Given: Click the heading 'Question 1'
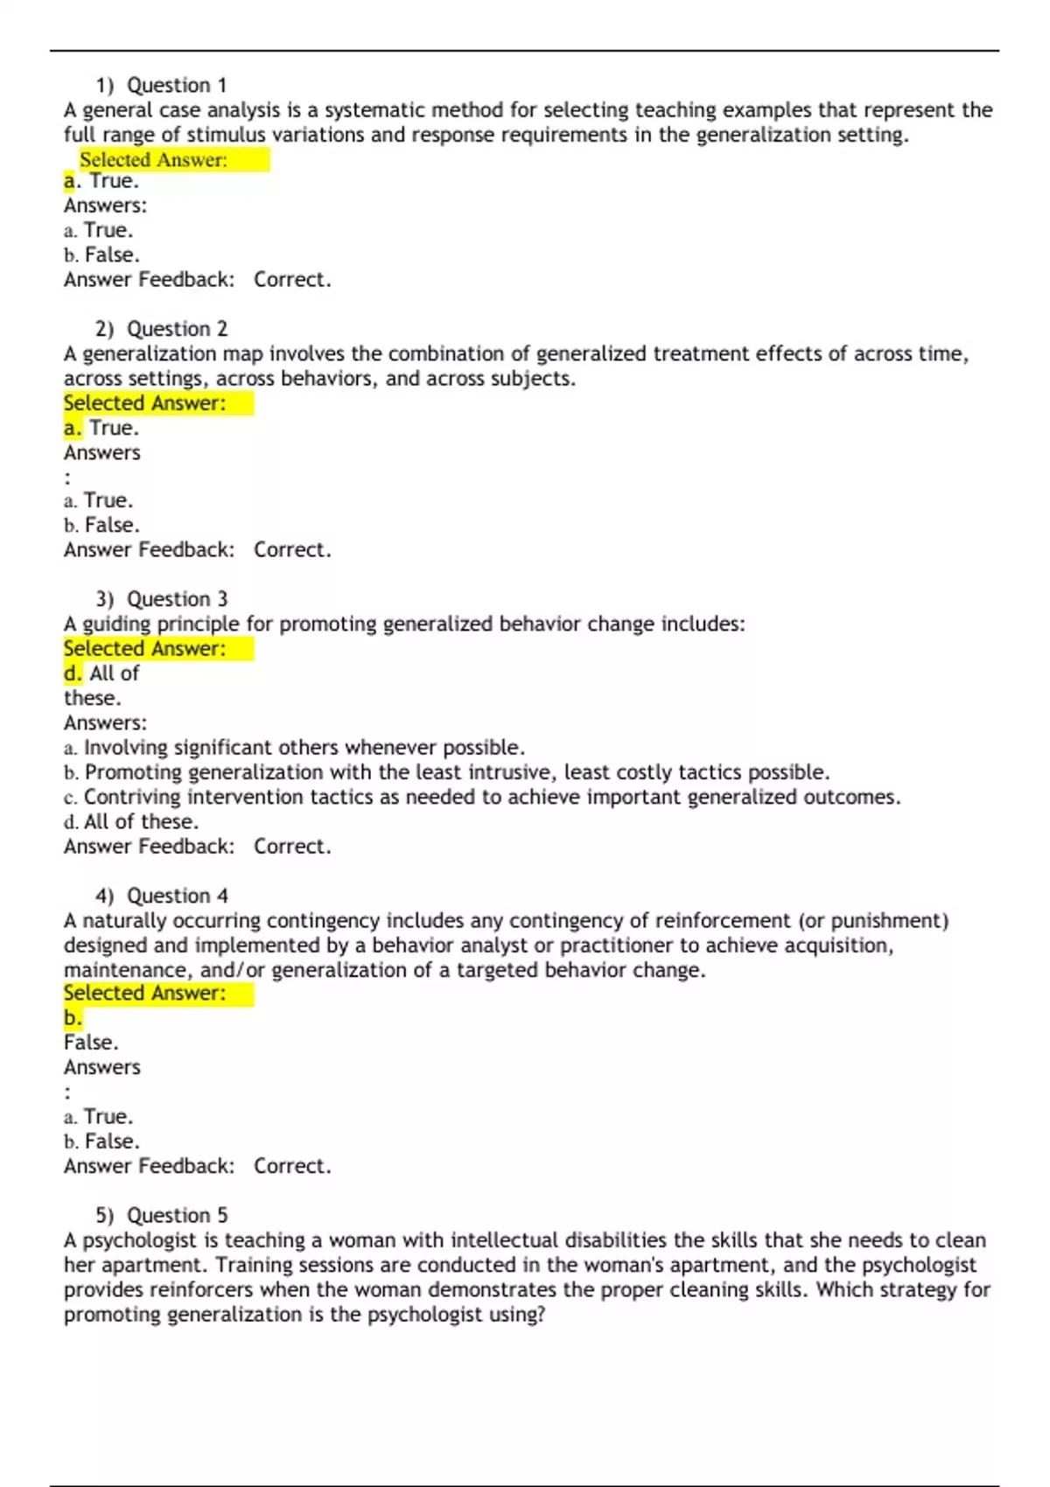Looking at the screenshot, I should click(x=177, y=85).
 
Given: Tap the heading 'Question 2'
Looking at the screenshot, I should click(x=177, y=329).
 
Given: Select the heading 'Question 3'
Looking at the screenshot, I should click(x=177, y=599).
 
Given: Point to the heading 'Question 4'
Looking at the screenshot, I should click(x=177, y=896).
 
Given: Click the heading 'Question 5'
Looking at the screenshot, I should click(x=177, y=1215).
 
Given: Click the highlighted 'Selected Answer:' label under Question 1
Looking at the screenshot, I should click(x=153, y=159).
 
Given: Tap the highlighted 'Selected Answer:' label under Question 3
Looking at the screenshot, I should click(x=144, y=648).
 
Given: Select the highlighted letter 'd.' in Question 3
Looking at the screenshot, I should click(x=73, y=674).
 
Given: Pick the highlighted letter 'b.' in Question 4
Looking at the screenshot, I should click(x=73, y=1018).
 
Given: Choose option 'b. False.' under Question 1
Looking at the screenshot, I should click(x=101, y=255).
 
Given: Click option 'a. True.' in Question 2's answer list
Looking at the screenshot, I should click(x=98, y=500).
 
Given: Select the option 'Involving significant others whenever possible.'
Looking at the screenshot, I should click(x=304, y=748).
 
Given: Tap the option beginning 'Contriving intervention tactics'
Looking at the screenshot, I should click(x=491, y=797).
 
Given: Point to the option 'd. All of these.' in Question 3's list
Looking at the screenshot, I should click(x=131, y=821).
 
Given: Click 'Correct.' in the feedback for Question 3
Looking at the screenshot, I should click(x=292, y=847).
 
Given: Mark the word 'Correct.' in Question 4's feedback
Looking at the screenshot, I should click(x=292, y=1166).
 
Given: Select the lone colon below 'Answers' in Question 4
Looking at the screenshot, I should click(x=67, y=1092).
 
